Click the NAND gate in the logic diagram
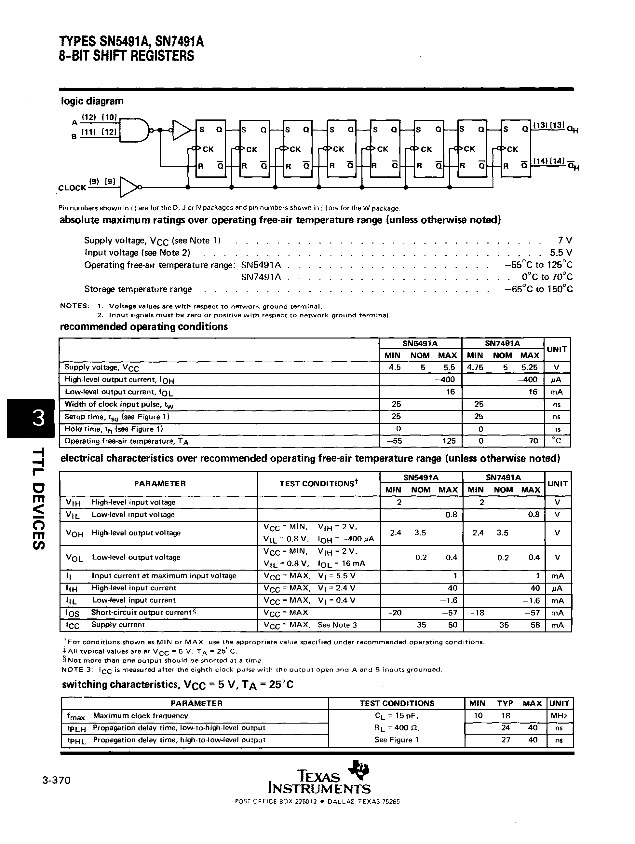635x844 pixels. click(134, 130)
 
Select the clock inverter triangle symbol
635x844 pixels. click(129, 187)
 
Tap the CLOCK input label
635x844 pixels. click(72, 188)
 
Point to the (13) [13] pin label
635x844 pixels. click(548, 125)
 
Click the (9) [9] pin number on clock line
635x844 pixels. click(102, 182)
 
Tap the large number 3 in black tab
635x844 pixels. click(38, 418)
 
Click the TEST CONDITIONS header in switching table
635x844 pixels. click(397, 703)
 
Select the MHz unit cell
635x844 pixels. click(559, 716)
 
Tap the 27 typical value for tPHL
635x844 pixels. click(506, 740)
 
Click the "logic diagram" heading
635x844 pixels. click(92, 101)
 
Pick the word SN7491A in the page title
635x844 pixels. click(179, 42)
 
